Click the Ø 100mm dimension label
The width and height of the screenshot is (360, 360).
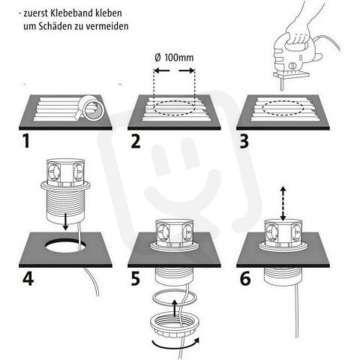tap(174, 57)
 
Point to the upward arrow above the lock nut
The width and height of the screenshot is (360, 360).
tap(175, 305)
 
